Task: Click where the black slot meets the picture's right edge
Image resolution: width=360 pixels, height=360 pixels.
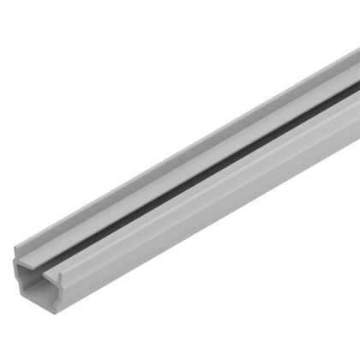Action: pos(357,88)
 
